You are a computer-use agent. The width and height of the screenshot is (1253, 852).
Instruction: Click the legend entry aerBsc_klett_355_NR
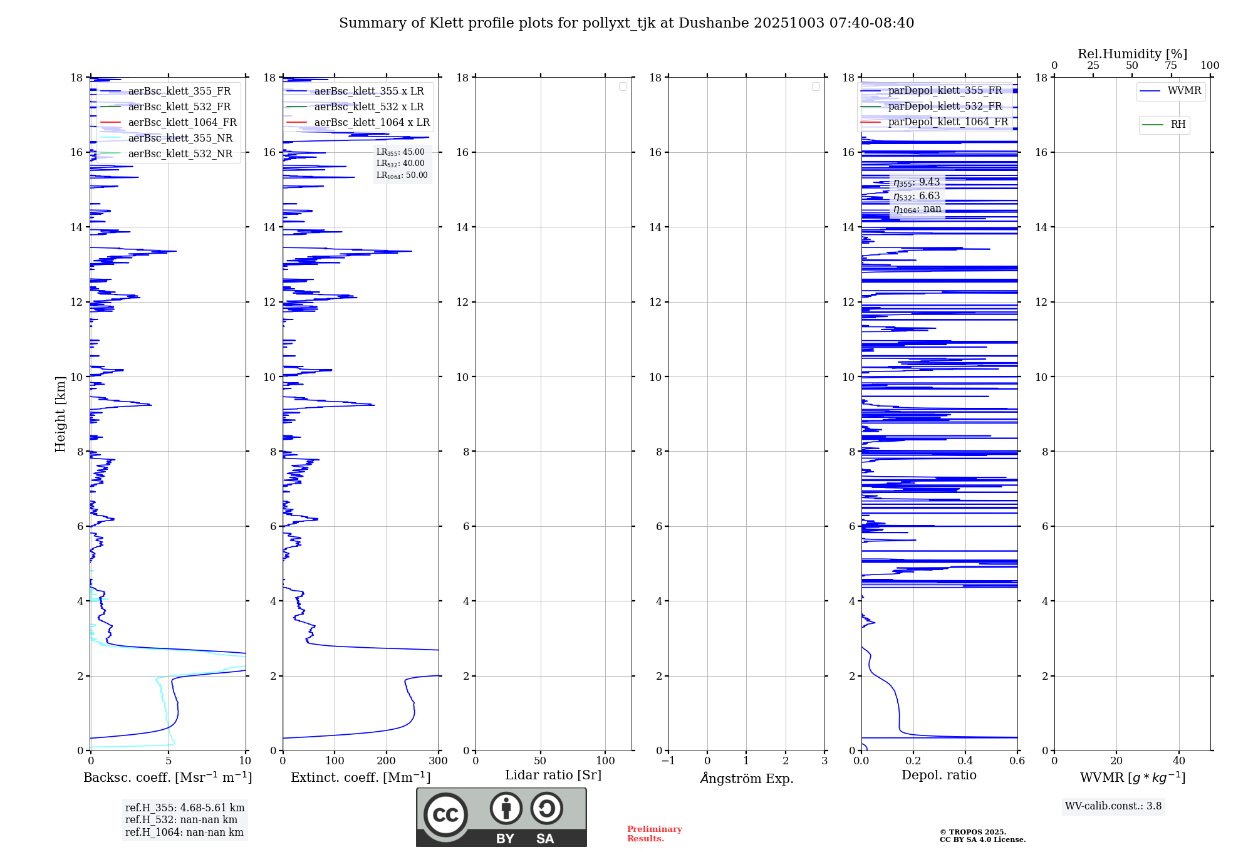tap(180, 138)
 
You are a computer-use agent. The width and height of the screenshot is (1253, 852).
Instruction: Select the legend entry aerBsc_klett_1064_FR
tap(182, 122)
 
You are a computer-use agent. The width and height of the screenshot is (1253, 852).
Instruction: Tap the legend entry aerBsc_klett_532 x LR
tap(368, 106)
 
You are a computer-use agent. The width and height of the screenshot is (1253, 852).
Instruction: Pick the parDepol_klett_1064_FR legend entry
tap(947, 122)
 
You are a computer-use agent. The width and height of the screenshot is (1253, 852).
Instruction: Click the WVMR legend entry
tap(1183, 91)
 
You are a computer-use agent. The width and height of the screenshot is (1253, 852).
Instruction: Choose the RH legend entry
tap(1177, 125)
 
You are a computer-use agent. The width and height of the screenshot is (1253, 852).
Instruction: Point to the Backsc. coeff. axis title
tap(168, 777)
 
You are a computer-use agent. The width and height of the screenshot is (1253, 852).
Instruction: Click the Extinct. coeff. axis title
tap(360, 777)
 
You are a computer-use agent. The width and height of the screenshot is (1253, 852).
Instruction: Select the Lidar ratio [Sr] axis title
tap(553, 775)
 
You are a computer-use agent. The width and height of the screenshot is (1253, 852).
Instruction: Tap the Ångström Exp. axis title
tap(746, 778)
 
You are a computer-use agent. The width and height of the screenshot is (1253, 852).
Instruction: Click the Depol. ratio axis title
tap(938, 775)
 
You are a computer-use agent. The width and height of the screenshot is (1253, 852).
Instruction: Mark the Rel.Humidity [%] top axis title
tap(1132, 54)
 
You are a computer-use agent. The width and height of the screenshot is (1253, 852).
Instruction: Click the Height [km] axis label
tap(60, 413)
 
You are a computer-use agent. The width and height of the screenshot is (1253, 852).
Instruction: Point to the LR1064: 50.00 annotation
tap(402, 175)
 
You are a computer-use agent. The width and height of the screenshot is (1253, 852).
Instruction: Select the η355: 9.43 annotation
tap(917, 182)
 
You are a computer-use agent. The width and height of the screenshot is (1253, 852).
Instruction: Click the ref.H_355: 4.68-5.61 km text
tap(185, 808)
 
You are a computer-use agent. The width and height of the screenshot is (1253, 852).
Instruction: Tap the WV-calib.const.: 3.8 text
tap(1113, 806)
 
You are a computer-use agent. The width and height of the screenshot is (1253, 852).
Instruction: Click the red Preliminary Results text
tap(654, 833)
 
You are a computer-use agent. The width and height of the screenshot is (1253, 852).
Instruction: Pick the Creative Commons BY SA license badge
tap(501, 817)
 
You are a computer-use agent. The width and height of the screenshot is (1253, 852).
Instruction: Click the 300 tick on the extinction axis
tap(438, 761)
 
